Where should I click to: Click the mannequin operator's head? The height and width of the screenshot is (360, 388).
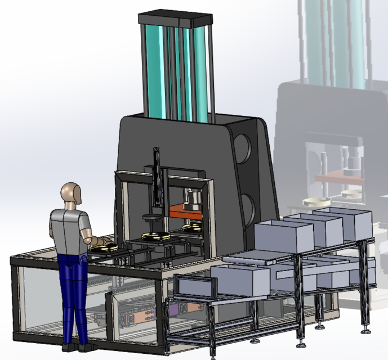coord(72,194)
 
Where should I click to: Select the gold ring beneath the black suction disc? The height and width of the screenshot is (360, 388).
coord(156,236)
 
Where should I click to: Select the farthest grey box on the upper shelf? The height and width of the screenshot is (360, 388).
coord(344,222)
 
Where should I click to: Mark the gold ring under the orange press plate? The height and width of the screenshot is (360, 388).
coord(193,227)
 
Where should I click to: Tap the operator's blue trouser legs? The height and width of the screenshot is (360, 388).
coord(73,292)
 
